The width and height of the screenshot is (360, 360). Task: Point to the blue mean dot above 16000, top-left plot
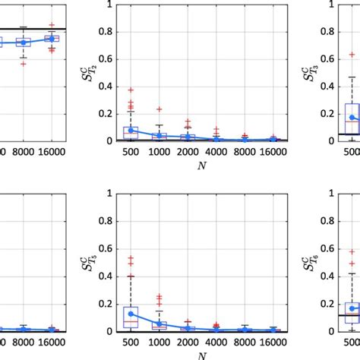tap(51, 39)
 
